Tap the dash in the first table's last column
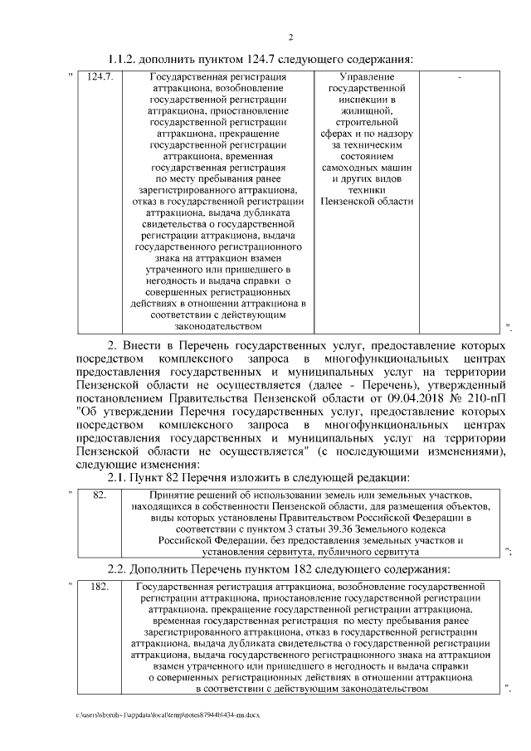(x=460, y=77)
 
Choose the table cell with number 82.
(x=100, y=495)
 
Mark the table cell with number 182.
(x=101, y=587)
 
